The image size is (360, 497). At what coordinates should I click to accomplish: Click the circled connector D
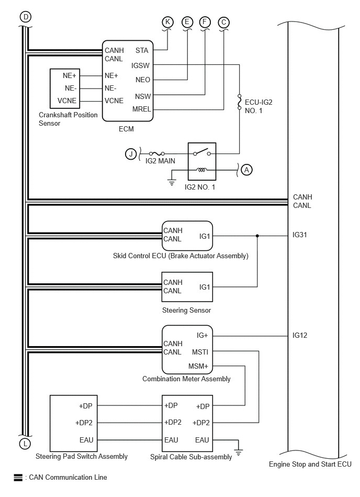click(25, 17)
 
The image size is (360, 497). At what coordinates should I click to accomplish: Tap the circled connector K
click(167, 21)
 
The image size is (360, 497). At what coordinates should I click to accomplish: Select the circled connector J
click(131, 154)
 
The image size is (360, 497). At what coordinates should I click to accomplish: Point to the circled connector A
click(247, 169)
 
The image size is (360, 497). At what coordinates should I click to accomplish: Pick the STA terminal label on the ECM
click(141, 51)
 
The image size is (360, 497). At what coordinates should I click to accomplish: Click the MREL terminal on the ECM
click(142, 109)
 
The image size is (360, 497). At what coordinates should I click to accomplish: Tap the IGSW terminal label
click(141, 65)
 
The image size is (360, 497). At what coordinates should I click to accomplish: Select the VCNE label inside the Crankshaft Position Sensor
click(67, 101)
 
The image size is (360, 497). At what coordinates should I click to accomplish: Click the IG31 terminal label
click(300, 235)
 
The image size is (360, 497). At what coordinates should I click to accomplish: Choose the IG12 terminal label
click(300, 335)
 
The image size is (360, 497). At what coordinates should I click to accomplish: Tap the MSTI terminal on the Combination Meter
click(200, 352)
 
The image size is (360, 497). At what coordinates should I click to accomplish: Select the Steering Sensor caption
click(186, 311)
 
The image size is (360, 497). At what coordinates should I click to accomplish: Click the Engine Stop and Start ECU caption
click(310, 464)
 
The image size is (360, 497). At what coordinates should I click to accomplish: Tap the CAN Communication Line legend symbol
click(17, 477)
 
